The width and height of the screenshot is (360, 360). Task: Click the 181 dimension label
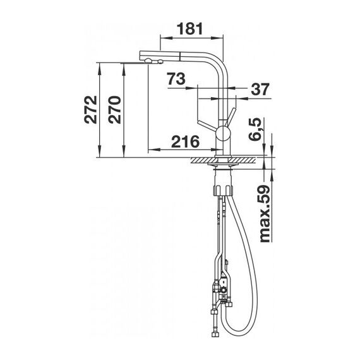point(190,28)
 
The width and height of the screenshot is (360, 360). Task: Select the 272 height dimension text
point(90,110)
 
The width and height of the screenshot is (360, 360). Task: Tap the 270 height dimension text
point(114,110)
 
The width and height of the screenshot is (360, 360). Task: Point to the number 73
point(176,78)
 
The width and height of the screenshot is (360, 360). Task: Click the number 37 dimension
point(260,89)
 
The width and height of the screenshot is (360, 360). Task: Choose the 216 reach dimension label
point(186,141)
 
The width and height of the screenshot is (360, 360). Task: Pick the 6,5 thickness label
point(255,129)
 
